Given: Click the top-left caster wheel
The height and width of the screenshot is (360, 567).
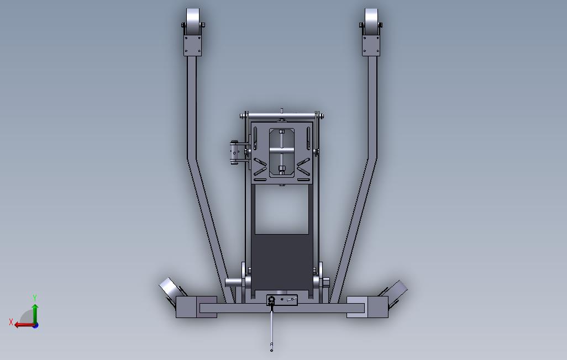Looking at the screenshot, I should pos(193,21).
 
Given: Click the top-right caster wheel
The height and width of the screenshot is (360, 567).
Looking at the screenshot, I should pos(371,21).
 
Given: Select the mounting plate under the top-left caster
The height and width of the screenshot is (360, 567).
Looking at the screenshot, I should pos(193,45).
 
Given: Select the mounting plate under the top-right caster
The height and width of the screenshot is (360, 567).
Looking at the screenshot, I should pos(371,45).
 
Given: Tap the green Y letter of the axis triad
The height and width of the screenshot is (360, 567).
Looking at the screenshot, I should pos(35,298).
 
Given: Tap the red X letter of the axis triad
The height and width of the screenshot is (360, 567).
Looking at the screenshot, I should pos(11,321).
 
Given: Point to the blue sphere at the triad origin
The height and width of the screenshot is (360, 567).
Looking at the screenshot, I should pos(35,325).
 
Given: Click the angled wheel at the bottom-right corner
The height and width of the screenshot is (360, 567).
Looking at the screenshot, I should pos(396,289).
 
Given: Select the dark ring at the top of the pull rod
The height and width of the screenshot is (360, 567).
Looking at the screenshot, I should pos(271,300).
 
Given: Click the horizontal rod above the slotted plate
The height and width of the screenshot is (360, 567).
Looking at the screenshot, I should pos(282,115).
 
